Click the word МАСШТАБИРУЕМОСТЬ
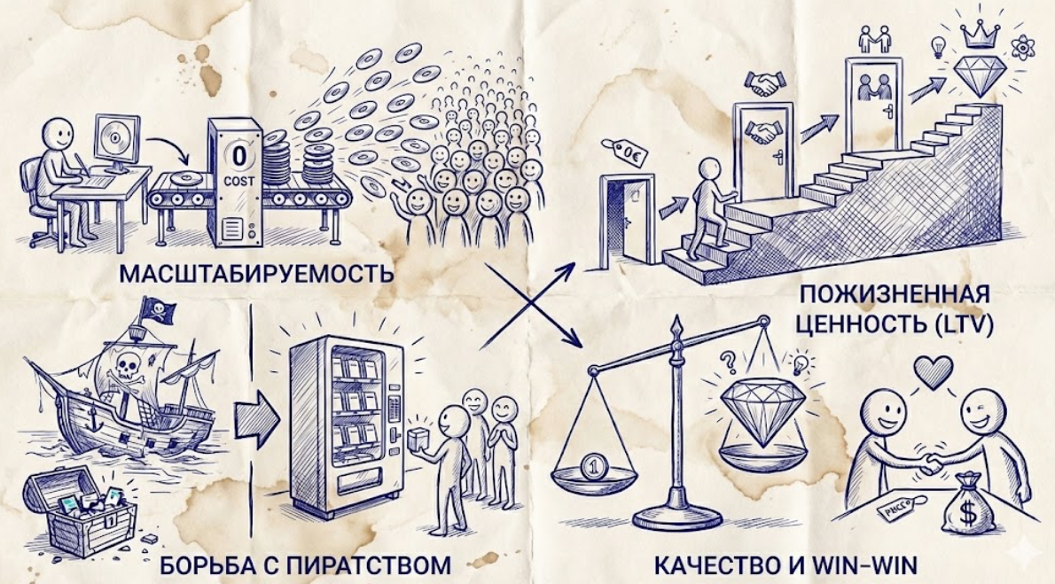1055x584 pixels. click(x=254, y=272)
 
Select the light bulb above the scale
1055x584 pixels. click(x=801, y=363)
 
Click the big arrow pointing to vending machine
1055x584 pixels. click(x=254, y=413)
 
